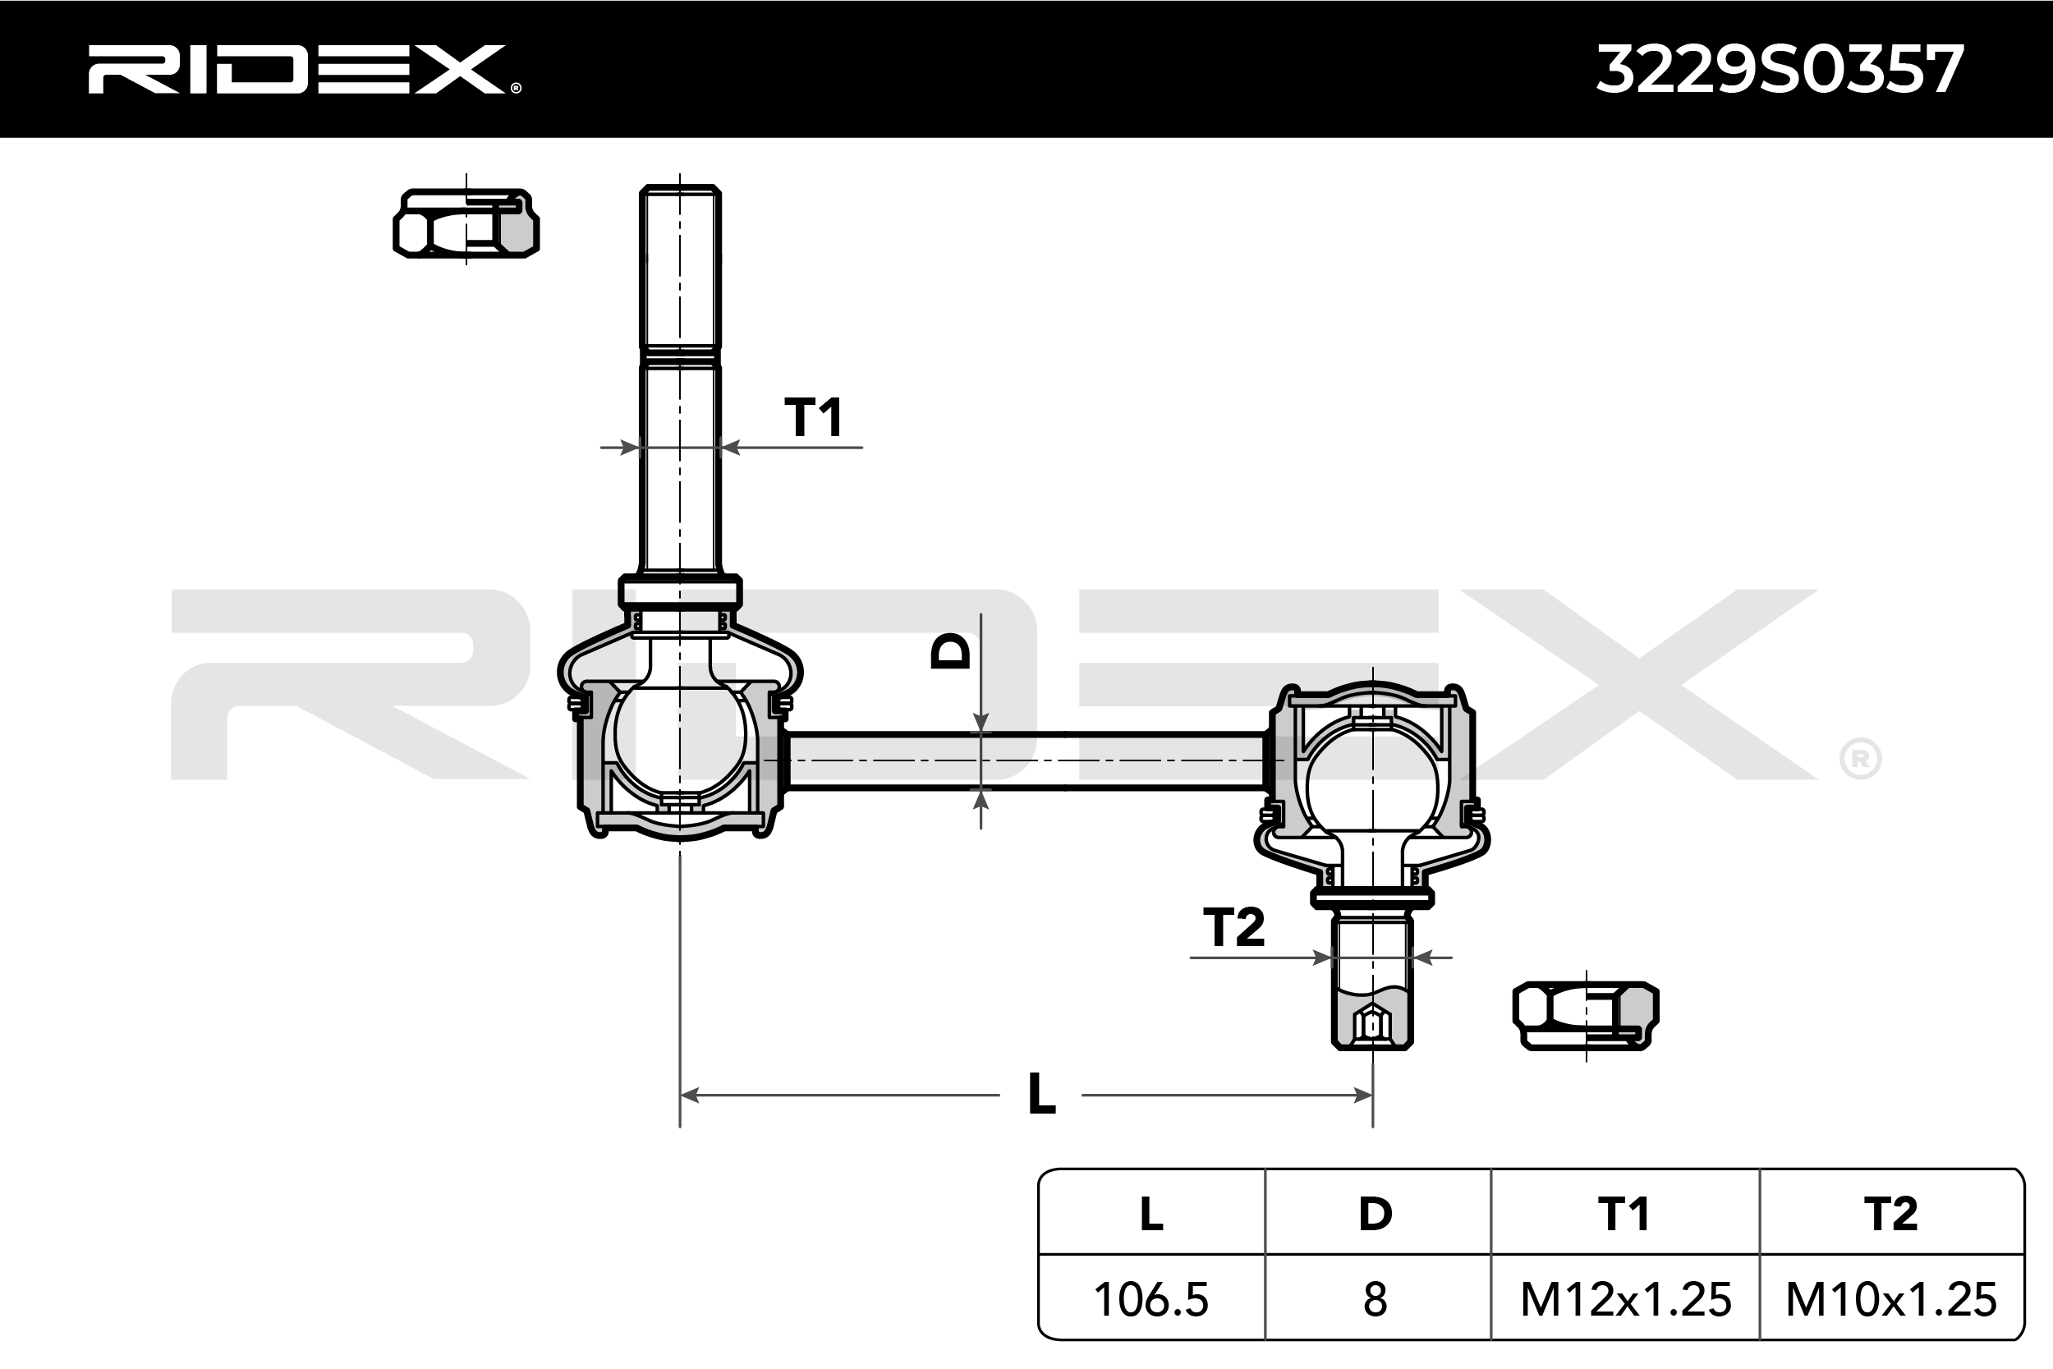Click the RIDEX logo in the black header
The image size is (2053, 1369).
point(304,69)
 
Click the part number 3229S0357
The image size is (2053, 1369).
point(1780,69)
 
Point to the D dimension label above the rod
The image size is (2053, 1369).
point(951,650)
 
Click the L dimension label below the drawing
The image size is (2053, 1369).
point(1041,1093)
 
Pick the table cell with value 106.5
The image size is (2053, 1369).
point(1151,1298)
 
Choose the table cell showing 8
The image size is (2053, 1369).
point(1376,1298)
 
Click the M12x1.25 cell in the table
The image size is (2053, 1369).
point(1625,1298)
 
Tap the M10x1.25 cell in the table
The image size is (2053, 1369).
point(1891,1298)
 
